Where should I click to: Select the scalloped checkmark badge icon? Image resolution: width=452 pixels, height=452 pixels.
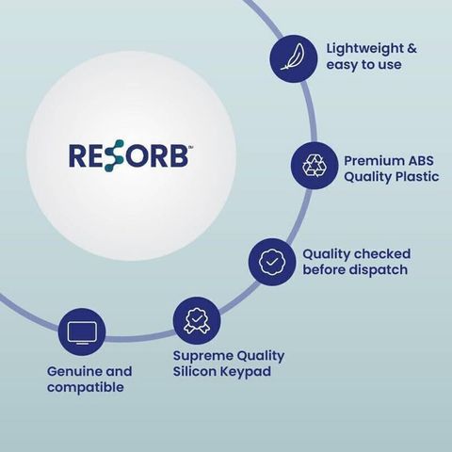click(272, 262)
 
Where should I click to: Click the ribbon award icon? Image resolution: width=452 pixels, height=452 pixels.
click(197, 320)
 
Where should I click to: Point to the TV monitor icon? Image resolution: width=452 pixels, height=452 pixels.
click(82, 332)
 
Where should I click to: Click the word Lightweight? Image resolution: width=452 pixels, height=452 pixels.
click(364, 49)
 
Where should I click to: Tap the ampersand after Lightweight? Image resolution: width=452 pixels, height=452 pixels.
click(412, 49)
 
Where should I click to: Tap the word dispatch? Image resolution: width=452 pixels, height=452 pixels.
click(379, 270)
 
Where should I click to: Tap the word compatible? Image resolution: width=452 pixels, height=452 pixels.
click(86, 387)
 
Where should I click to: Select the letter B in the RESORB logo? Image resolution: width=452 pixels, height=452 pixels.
click(178, 155)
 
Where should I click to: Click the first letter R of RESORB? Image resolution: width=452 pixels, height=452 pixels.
click(77, 155)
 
